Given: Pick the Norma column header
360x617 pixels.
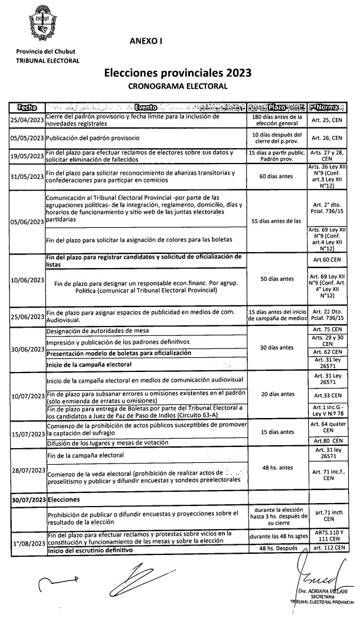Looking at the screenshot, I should pyautogui.click(x=332, y=107).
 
